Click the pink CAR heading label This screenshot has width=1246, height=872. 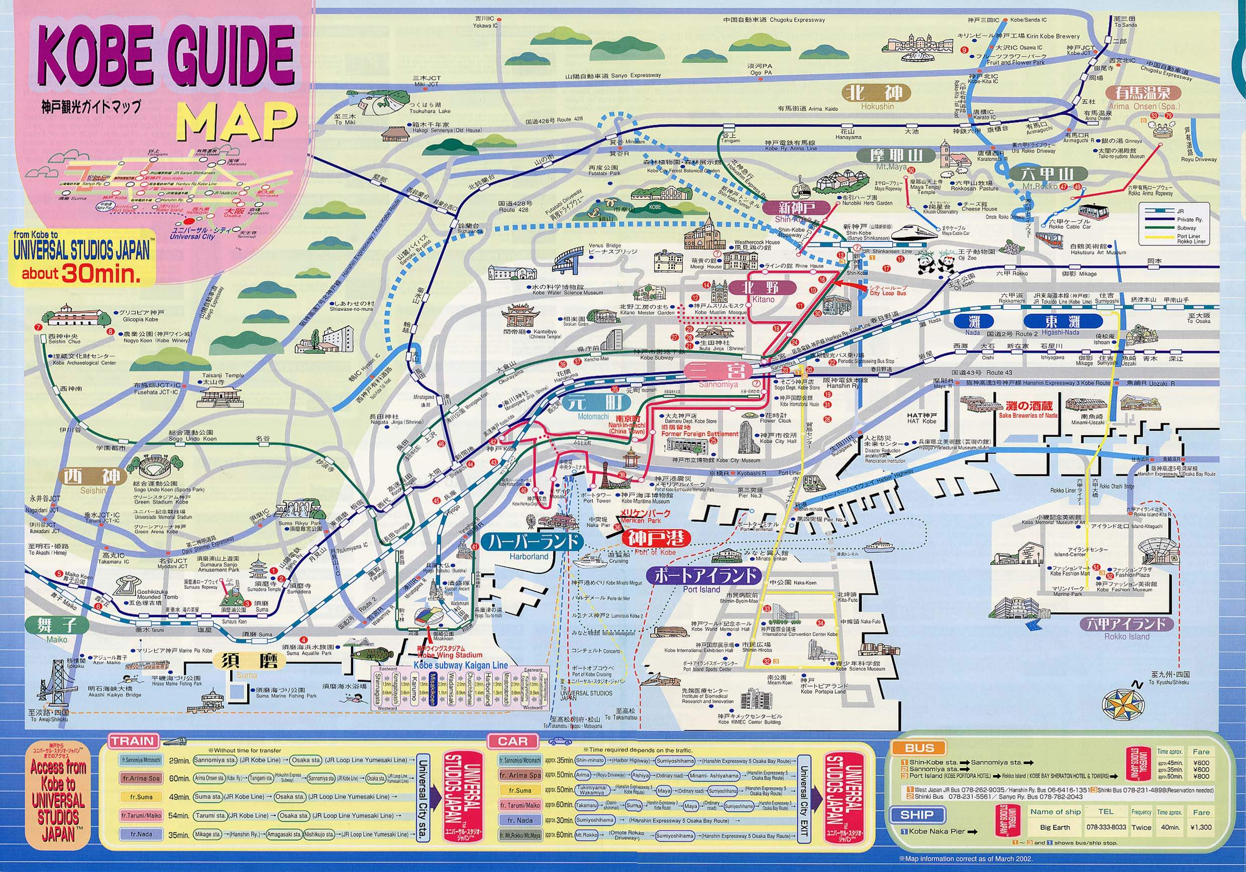click(x=512, y=741)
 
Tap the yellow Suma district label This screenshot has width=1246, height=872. click(x=246, y=662)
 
